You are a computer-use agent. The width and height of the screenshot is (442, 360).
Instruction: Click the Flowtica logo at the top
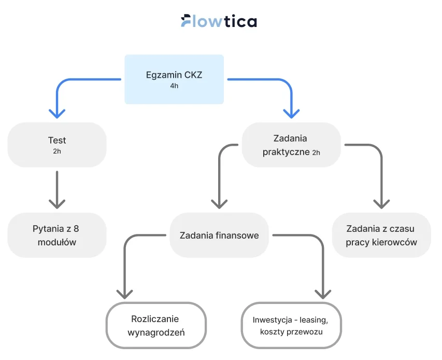219,21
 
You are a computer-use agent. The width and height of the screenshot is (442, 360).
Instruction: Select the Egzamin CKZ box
174,79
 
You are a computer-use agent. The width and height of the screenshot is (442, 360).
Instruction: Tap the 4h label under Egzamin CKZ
174,86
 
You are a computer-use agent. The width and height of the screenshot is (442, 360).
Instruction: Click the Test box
57,144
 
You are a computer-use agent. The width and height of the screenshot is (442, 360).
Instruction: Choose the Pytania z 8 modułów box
57,235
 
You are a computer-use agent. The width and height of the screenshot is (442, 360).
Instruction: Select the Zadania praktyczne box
291,145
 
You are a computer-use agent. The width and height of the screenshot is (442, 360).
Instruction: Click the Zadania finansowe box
219,235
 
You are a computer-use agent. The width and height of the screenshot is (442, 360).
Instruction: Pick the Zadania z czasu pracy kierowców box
381,235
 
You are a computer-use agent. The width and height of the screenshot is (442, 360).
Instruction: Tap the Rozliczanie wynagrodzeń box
156,325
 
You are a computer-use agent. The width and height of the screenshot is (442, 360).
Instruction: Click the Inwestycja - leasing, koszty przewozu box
291,325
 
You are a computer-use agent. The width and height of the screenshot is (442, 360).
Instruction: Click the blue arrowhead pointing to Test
57,112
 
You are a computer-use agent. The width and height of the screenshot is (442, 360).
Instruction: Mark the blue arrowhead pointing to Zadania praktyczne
291,112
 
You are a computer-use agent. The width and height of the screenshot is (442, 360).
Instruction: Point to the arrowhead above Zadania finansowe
219,202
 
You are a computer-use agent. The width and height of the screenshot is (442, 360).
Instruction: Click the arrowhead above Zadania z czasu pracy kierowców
381,202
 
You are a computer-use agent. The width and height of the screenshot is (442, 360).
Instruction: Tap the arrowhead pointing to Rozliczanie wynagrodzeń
125,293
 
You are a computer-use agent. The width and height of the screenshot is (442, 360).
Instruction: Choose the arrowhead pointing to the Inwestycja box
323,293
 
